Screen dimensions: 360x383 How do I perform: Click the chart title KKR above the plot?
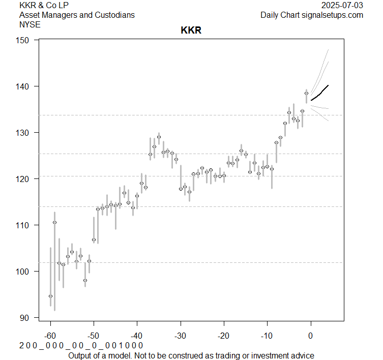coord(191,31)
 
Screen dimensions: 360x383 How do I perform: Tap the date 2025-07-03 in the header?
coord(343,5)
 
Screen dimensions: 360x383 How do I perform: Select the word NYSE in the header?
coord(30,24)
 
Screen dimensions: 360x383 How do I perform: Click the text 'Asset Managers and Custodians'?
coord(77,15)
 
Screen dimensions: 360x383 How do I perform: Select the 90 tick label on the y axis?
coord(24,317)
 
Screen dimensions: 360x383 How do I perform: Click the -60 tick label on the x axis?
coord(50,336)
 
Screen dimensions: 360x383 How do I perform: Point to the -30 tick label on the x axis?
coord(180,336)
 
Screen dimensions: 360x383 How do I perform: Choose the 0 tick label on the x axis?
coord(310,336)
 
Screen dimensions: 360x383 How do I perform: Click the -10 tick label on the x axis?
coord(267,336)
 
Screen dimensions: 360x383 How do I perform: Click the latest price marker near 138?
coord(306,93)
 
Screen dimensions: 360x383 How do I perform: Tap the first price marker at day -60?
coord(50,296)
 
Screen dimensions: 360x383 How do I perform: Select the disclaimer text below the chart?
coord(191,355)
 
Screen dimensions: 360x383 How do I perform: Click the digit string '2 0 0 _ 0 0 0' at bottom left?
coord(45,346)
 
